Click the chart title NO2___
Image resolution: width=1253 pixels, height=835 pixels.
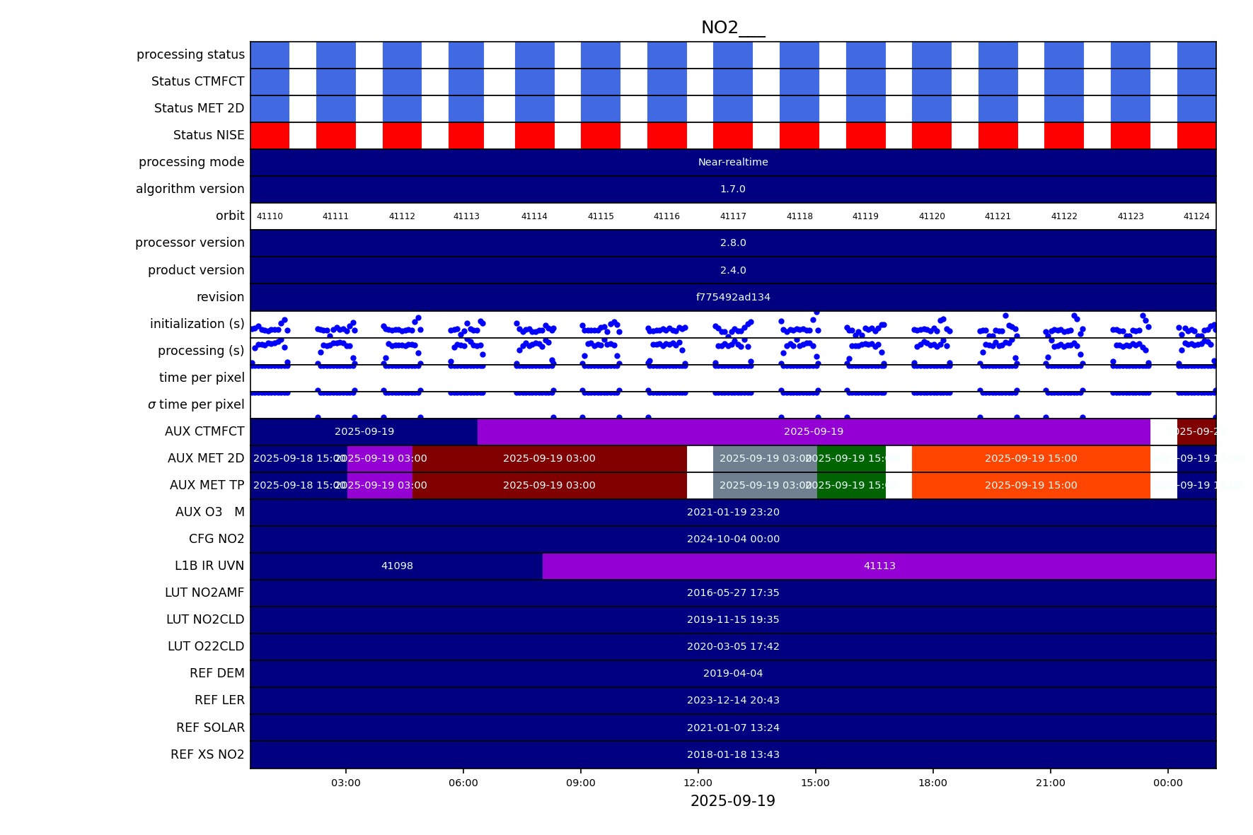click(732, 28)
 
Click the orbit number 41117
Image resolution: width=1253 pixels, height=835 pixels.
click(733, 216)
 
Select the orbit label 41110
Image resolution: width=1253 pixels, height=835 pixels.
click(270, 216)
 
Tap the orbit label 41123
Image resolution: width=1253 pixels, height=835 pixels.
click(1130, 216)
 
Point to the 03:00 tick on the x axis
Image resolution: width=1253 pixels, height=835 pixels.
click(346, 783)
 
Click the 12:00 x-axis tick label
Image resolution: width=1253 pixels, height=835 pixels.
click(698, 783)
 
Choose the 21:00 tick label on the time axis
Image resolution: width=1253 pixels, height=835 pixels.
click(1050, 783)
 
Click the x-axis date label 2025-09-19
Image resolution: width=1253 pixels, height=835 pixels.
click(732, 801)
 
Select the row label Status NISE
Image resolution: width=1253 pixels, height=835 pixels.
click(209, 135)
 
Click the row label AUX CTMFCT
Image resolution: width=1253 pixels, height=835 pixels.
click(204, 431)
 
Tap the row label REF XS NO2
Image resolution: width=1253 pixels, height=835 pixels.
click(207, 754)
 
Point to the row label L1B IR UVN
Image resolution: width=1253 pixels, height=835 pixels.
click(209, 566)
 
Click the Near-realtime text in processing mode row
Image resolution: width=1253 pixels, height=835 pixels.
click(733, 162)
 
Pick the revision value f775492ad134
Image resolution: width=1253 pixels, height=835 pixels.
click(733, 297)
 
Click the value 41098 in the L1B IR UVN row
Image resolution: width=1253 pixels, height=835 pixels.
click(397, 566)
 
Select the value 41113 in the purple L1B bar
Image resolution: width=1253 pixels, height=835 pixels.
click(879, 566)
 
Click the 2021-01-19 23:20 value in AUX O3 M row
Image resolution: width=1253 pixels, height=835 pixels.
click(733, 512)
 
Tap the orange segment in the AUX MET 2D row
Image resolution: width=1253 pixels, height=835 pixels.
click(1031, 458)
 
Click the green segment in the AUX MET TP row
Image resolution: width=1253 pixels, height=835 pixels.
click(851, 485)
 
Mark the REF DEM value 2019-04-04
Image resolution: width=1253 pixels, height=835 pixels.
click(733, 673)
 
